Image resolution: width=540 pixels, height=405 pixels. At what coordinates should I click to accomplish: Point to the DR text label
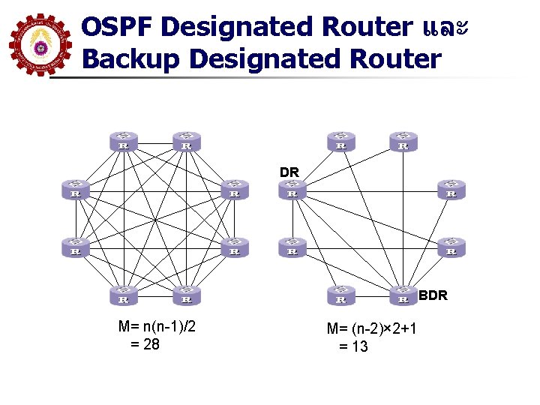[289, 172]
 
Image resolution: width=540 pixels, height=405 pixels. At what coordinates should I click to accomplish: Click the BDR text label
[433, 295]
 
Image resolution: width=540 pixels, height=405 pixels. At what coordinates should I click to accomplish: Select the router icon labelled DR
[292, 190]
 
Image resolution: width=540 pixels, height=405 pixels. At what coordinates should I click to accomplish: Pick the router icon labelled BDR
[403, 294]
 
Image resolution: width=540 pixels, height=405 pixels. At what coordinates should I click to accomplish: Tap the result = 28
[145, 344]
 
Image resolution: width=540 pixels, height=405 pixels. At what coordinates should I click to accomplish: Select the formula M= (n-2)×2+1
[372, 328]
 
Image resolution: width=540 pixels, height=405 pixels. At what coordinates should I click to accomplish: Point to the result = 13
[353, 346]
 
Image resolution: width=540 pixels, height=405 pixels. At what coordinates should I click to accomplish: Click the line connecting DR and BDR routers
[347, 242]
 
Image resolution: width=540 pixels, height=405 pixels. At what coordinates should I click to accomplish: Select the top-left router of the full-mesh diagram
[124, 141]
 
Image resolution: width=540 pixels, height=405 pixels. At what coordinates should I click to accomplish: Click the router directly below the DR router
[292, 247]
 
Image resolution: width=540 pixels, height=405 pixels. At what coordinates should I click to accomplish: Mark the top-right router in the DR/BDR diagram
[403, 141]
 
